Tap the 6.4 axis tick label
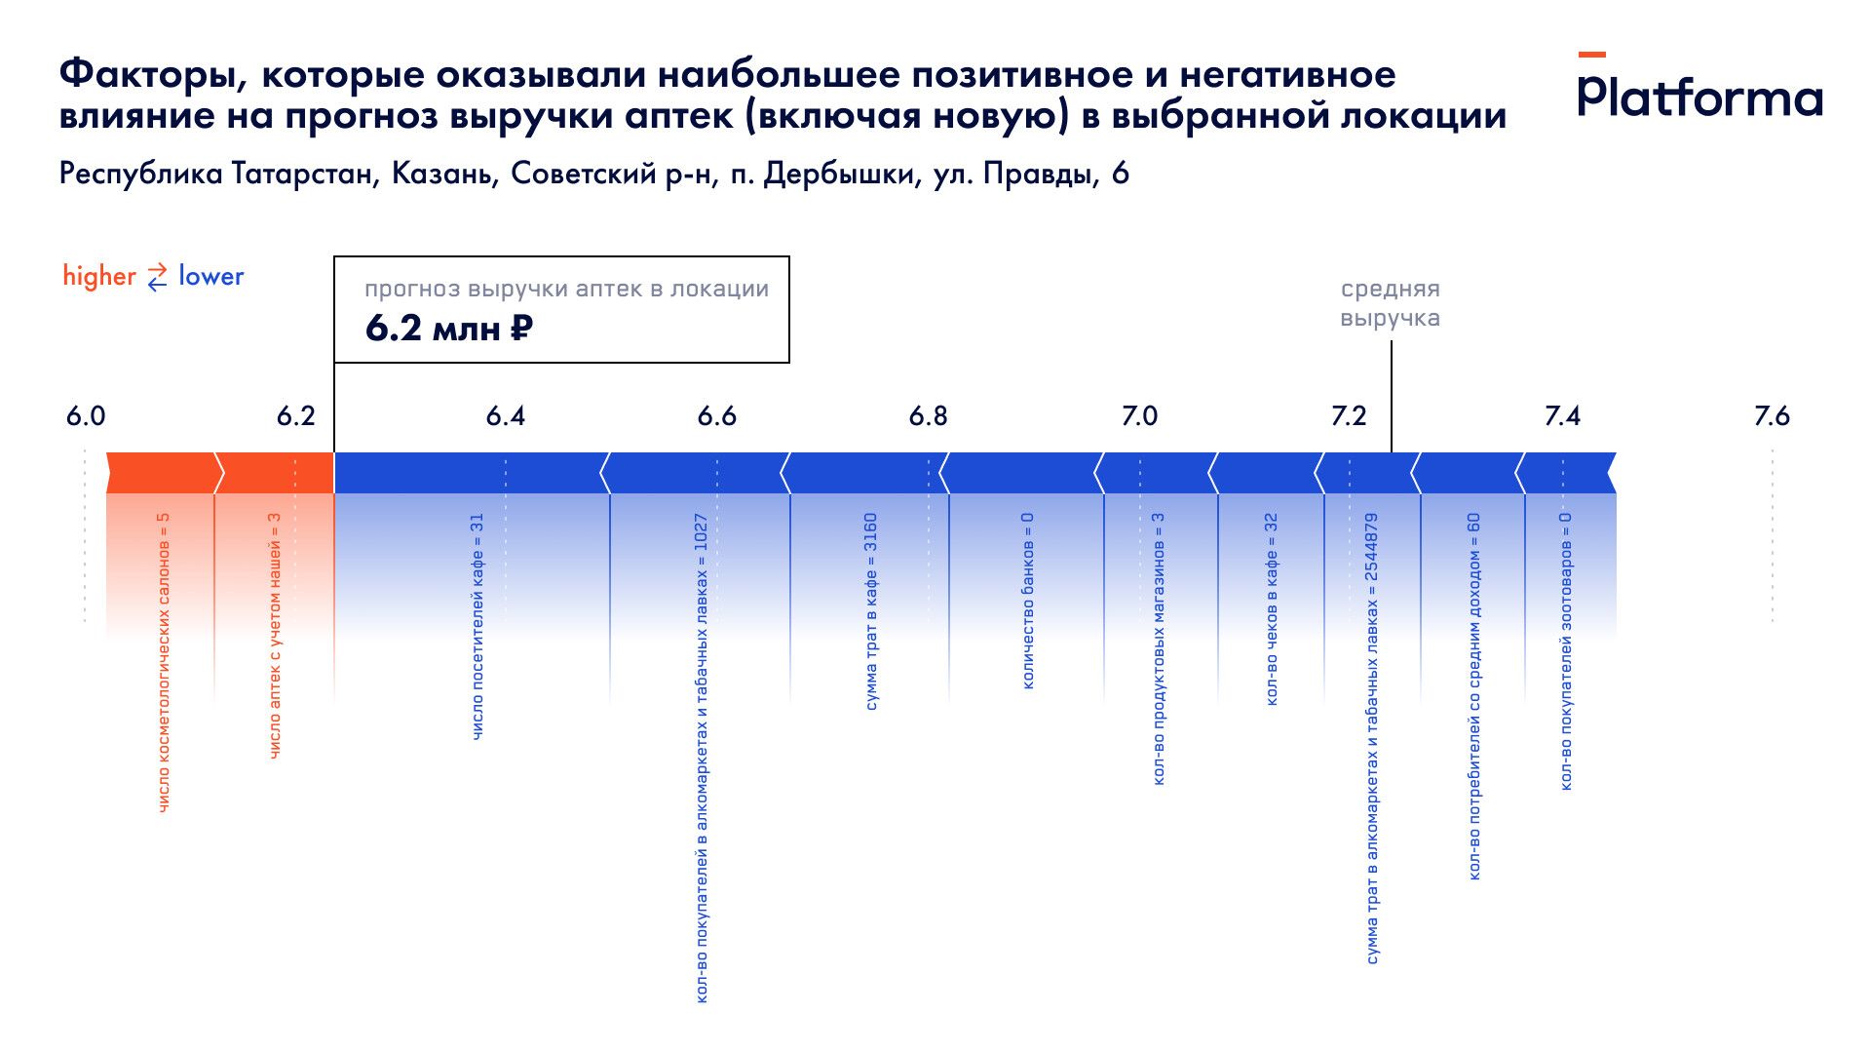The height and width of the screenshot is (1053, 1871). click(505, 416)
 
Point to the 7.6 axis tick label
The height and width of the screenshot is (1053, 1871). click(1771, 416)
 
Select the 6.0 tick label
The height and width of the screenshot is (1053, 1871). click(86, 416)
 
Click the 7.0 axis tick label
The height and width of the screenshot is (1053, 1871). click(1139, 416)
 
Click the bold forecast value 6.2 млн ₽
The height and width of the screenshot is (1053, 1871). click(448, 329)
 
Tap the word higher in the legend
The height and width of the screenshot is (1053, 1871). click(99, 277)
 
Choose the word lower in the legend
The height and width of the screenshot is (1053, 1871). click(210, 277)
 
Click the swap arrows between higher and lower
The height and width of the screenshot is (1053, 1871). click(157, 278)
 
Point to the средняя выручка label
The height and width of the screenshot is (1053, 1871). click(1390, 303)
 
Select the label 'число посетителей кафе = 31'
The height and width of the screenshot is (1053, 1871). click(477, 626)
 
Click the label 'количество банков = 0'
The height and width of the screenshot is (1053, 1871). click(1027, 601)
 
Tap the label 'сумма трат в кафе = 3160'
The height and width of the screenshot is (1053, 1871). click(871, 611)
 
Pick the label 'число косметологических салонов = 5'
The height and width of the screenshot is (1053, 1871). click(164, 663)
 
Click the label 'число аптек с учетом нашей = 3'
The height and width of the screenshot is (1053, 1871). click(275, 636)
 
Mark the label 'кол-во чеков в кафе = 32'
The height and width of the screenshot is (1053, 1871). click(1271, 609)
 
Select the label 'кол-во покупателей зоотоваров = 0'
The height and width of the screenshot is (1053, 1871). click(1566, 651)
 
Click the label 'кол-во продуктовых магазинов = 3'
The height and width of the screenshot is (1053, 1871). click(1159, 648)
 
